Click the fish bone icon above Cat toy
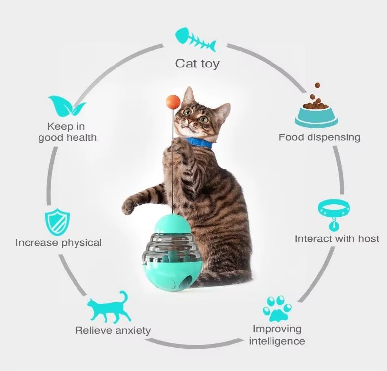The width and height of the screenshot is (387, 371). (195, 39)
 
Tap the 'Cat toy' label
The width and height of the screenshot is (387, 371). (197, 64)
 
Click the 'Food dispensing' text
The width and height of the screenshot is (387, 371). (319, 137)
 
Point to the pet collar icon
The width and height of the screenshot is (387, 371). (334, 212)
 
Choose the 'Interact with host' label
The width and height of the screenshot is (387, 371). (337, 239)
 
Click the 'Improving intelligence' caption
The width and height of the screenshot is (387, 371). (277, 335)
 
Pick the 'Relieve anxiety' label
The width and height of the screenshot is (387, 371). (113, 330)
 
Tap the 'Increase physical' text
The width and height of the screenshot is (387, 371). (58, 243)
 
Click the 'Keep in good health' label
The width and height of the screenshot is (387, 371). (67, 132)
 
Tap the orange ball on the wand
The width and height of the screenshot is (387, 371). (173, 101)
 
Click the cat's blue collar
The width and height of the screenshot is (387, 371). (199, 143)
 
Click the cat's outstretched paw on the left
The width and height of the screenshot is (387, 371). (129, 205)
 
